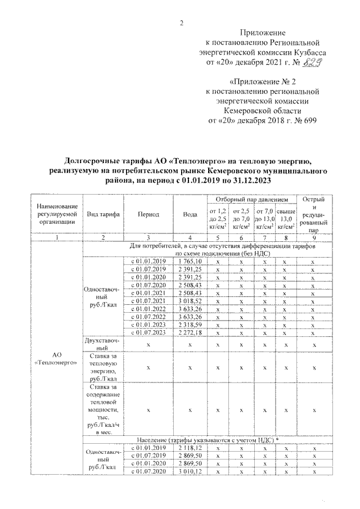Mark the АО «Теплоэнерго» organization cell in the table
tap(56, 359)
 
